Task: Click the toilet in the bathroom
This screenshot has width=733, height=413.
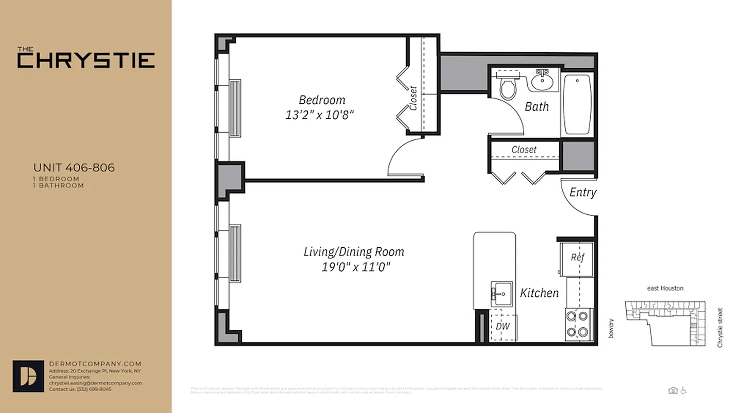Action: coord(508,88)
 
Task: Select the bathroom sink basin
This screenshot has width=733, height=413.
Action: coord(542,81)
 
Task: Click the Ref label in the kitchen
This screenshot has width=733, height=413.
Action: coord(577,257)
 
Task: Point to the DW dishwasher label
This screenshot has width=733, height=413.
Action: coord(502,326)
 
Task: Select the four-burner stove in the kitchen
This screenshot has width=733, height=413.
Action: coord(578,324)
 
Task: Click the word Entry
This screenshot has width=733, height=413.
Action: coord(583,193)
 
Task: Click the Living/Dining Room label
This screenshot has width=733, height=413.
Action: coord(354,252)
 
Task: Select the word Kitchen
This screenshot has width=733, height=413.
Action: coord(539,293)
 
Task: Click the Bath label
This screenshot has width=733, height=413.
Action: coord(536,107)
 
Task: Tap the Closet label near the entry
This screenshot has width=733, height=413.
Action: coord(524,150)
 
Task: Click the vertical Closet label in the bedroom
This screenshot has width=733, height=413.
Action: coord(413,98)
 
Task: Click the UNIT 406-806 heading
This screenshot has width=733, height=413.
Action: coord(74,168)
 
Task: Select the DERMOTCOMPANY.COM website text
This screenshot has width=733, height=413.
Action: coord(95,364)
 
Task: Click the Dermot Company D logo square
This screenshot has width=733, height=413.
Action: coord(28,376)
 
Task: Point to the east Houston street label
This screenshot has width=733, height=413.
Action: coord(665,289)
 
